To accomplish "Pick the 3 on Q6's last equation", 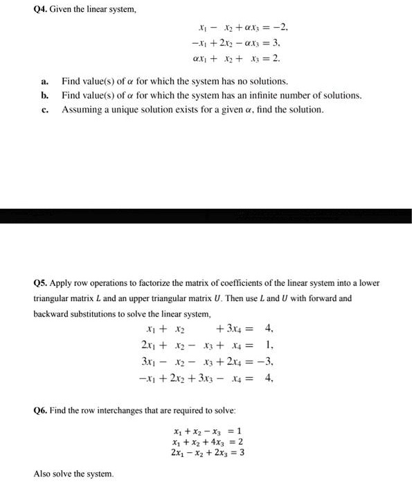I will point(242,452).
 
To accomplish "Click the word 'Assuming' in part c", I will point(80,110).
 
